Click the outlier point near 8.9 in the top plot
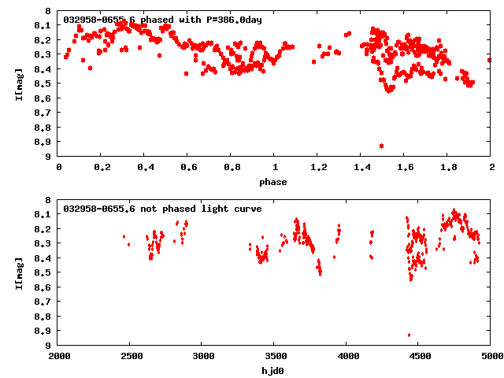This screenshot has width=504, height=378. (381, 146)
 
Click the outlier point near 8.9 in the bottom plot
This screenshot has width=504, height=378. (409, 335)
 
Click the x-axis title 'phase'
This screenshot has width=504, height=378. (274, 182)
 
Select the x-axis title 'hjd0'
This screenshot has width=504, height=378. (274, 371)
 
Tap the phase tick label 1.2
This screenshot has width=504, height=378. (318, 168)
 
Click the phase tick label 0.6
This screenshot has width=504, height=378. (188, 168)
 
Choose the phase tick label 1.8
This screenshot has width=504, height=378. (447, 168)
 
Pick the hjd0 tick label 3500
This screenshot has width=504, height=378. (274, 357)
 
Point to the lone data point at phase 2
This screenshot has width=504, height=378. (489, 59)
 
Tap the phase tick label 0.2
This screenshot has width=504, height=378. (102, 168)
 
